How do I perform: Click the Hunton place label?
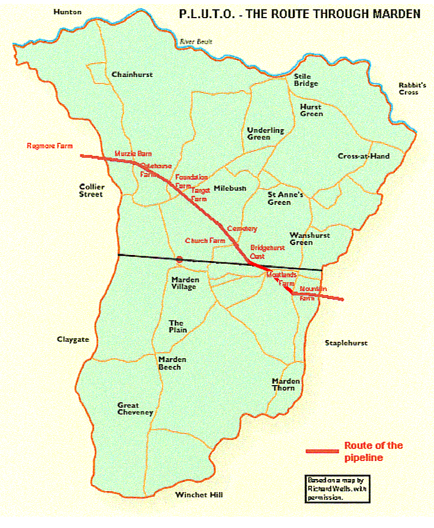click(x=67, y=12)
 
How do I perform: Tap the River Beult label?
click(x=195, y=42)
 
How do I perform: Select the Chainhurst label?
click(x=132, y=75)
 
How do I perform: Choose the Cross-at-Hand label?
click(x=363, y=156)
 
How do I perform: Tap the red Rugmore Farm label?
click(x=50, y=146)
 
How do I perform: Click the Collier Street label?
click(x=92, y=190)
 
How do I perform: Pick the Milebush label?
click(x=230, y=188)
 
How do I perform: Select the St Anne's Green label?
click(x=285, y=198)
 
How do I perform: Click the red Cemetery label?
click(x=242, y=228)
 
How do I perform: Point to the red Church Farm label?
click(x=205, y=241)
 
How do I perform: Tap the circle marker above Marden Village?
click(x=179, y=259)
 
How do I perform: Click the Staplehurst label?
click(x=346, y=343)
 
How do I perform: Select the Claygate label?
click(x=73, y=340)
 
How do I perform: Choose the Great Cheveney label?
click(x=135, y=409)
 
